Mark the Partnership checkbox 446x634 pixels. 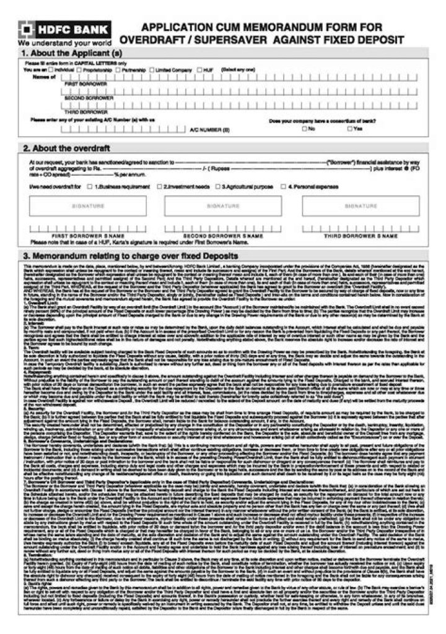119,70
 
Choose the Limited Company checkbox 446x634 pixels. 152,70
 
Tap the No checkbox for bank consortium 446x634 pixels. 304,129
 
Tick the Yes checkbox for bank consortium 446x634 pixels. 350,129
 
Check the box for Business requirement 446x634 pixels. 90,186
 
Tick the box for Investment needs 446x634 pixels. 160,186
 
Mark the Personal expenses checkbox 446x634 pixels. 283,186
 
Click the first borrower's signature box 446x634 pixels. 89,205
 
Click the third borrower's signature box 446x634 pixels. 361,205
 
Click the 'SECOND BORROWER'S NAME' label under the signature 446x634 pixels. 223,236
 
